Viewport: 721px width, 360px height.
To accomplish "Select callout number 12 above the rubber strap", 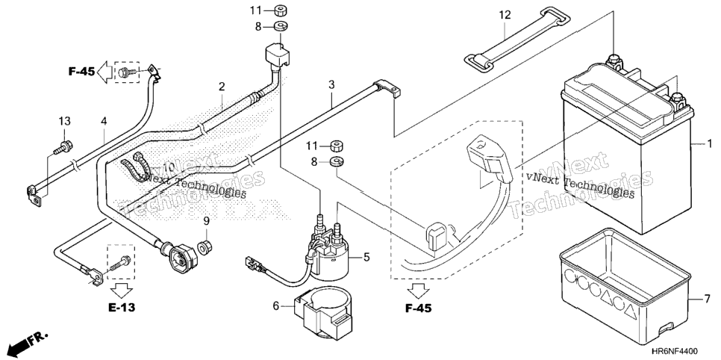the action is [505, 15].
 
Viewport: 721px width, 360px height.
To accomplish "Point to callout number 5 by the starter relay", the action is [366, 257].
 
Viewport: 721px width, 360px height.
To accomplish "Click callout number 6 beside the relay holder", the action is [276, 305].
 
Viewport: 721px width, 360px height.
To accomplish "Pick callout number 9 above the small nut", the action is [207, 221].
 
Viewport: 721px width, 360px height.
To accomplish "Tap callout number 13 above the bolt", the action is [65, 121].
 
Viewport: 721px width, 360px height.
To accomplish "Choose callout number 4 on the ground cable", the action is [104, 121].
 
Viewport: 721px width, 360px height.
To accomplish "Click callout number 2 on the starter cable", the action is [222, 86].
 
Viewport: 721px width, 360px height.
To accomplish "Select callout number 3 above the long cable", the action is [331, 84].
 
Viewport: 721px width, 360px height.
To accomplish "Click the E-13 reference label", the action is [122, 308].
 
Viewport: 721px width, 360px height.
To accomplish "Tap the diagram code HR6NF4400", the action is [681, 352].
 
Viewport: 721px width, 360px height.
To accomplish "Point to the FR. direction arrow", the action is [28, 341].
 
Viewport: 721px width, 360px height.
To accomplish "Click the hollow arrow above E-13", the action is [122, 291].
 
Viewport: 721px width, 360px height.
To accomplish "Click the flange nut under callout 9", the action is [205, 246].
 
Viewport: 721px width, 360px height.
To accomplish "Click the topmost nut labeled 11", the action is [280, 10].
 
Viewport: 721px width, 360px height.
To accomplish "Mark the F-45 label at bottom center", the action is [419, 308].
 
